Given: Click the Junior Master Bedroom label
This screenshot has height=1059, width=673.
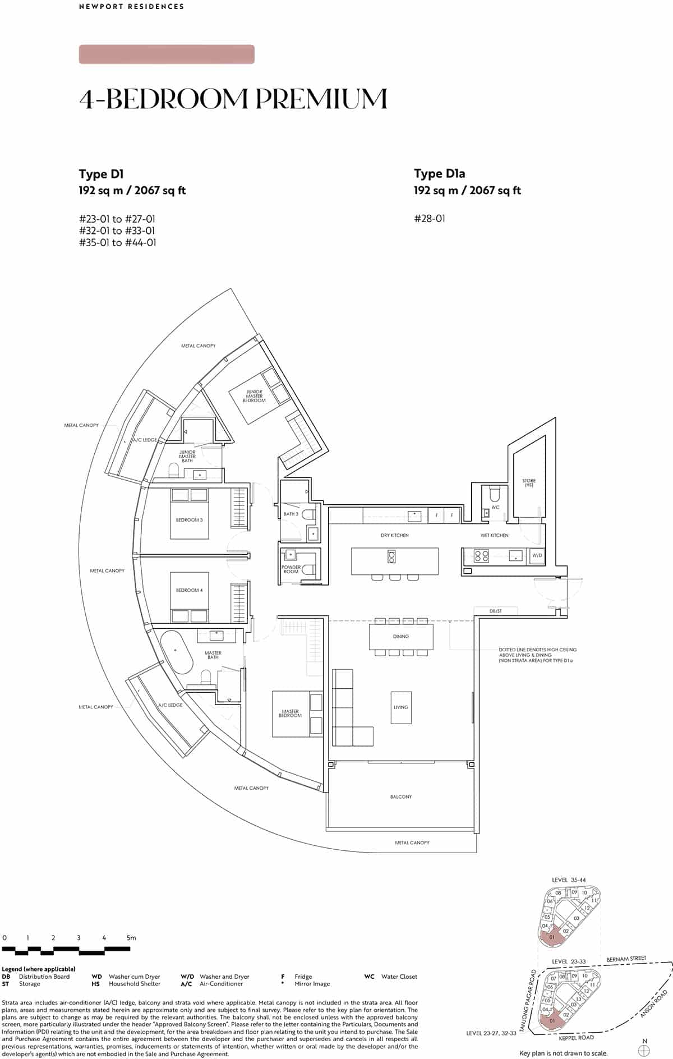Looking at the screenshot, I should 254,396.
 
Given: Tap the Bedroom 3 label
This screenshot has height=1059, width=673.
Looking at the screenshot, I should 189,520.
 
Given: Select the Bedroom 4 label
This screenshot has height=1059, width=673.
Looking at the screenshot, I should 189,590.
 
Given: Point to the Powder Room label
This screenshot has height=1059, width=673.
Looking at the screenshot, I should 291,569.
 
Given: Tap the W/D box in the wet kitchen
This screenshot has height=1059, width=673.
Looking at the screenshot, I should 537,555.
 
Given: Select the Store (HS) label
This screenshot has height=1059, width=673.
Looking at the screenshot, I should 528,482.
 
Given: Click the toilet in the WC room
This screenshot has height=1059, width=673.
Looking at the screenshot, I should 495,494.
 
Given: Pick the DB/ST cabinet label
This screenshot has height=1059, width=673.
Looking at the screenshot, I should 495,611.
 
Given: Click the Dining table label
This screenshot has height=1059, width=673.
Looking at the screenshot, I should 400,637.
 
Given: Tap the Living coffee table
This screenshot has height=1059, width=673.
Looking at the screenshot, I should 400,707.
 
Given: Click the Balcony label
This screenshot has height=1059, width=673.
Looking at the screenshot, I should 400,796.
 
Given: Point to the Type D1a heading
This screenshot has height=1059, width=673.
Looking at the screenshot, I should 439,174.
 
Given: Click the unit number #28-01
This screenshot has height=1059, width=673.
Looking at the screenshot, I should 430,219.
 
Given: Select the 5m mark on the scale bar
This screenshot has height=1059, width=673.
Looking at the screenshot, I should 131,938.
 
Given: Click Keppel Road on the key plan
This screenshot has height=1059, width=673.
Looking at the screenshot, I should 577,1038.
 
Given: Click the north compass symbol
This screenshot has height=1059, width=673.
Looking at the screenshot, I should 644,1046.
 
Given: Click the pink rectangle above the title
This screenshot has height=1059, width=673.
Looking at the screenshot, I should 167,54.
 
